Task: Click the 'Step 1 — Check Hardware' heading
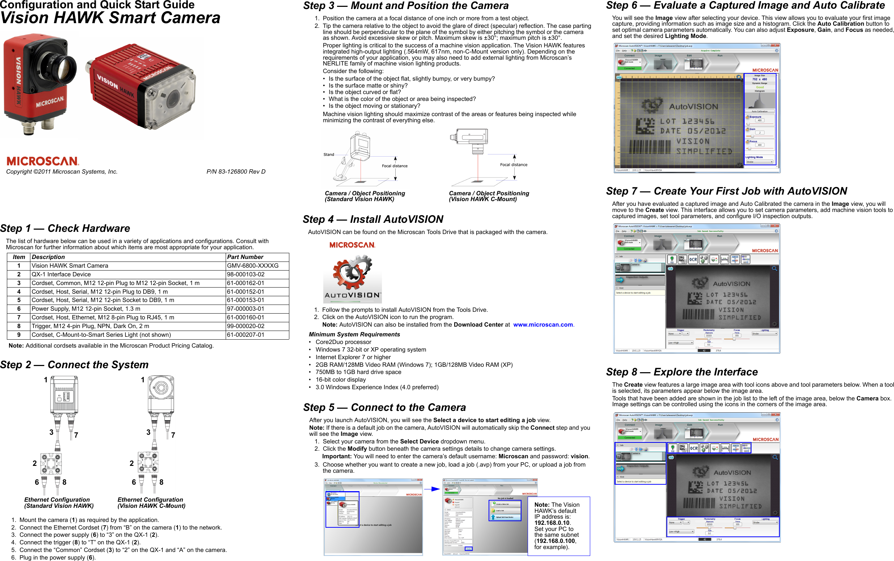(65, 229)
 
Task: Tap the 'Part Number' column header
(245, 257)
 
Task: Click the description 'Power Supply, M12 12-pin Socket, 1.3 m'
(86, 309)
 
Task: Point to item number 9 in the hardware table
(18, 335)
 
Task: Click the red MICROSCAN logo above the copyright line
(43, 161)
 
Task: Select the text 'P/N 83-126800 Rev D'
(236, 172)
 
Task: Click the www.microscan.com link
(543, 325)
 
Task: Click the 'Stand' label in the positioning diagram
(329, 155)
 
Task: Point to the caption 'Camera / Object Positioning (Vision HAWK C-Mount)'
(489, 196)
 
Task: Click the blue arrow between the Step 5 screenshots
(432, 489)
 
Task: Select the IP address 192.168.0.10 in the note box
(552, 523)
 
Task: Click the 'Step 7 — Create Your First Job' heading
(726, 191)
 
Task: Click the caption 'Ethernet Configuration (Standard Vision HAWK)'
(59, 503)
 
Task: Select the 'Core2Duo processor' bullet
(343, 342)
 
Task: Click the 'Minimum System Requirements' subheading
(354, 335)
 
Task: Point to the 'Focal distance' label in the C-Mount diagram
(514, 165)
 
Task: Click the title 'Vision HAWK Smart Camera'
(110, 18)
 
